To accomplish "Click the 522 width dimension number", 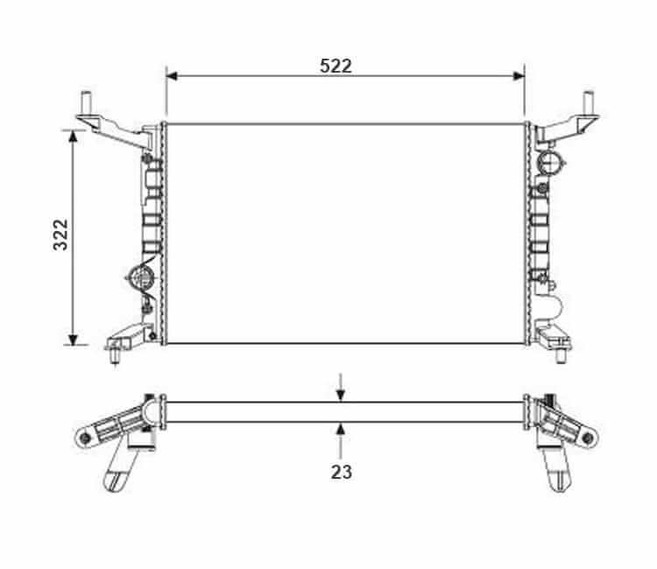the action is pos(336,66).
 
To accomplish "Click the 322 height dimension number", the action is pos(60,235).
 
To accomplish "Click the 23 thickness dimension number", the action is pos(342,473).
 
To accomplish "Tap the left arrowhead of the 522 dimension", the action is pos(172,76).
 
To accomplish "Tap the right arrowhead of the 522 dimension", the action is pos(519,76).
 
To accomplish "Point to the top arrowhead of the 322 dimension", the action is pos(74,137).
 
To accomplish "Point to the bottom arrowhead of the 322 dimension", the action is pos(74,340).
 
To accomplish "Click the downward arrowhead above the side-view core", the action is pos(341,396).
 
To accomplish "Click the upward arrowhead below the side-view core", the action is pos(341,428).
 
